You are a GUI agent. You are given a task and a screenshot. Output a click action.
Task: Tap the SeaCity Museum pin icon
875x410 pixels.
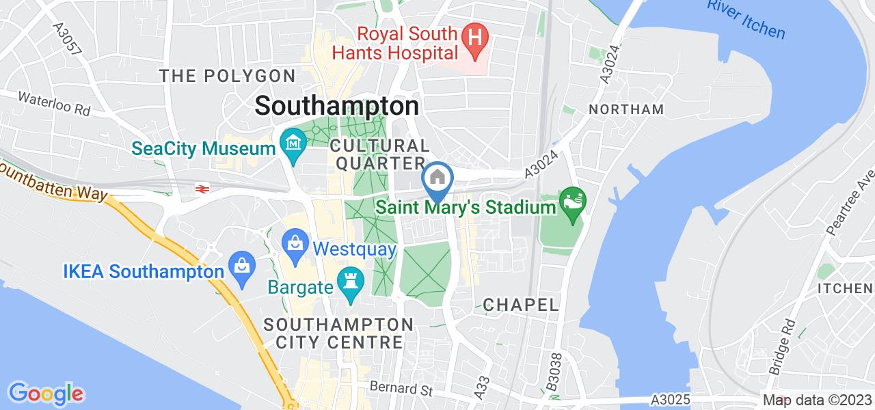tap(293, 145)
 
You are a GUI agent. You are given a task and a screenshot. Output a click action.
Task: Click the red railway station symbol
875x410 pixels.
tap(202, 189)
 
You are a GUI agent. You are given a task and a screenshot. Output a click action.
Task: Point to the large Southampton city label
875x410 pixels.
tap(337, 106)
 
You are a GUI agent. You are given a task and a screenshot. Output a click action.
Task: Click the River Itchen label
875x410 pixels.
tap(747, 18)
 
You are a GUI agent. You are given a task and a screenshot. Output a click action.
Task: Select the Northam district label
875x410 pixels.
tap(625, 109)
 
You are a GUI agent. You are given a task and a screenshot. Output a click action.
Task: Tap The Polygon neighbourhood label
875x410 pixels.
tap(227, 75)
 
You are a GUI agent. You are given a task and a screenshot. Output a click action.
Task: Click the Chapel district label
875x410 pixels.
tap(520, 304)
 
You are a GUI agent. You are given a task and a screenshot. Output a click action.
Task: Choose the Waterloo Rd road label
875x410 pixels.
tap(55, 103)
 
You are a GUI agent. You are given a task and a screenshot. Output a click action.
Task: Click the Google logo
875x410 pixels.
tap(46, 393)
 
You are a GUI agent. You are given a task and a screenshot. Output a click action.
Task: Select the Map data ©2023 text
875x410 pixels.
tap(817, 400)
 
